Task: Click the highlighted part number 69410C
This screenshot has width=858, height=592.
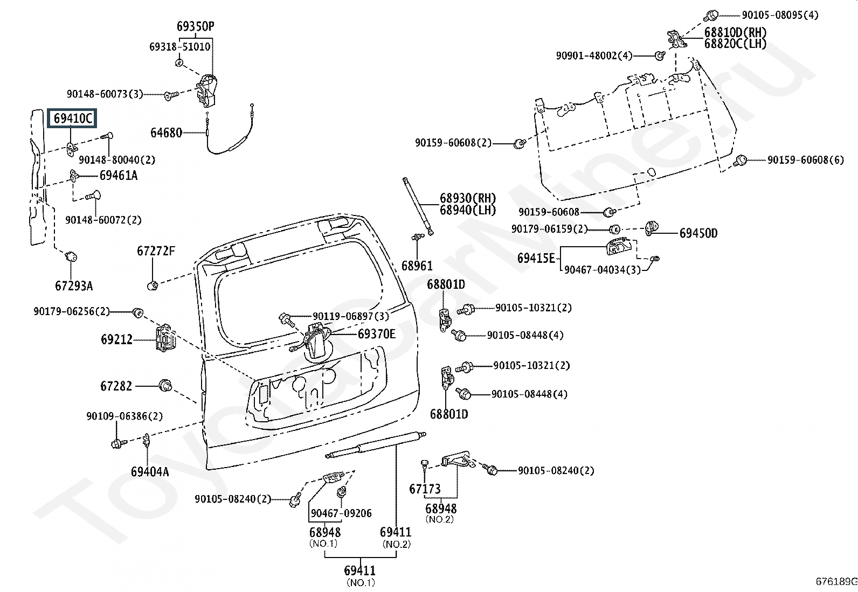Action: (73, 119)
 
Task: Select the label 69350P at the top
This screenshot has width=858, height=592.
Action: (195, 26)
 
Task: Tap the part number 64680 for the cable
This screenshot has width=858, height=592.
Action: (166, 133)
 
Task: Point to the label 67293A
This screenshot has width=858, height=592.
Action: (74, 285)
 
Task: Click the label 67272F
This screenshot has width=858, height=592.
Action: (156, 252)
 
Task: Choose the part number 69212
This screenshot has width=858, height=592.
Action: (116, 339)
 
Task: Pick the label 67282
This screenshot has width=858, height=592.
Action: (116, 386)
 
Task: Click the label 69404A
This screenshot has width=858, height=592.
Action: (150, 472)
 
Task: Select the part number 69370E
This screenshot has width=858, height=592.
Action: (377, 334)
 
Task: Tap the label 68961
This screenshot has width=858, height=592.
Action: (417, 266)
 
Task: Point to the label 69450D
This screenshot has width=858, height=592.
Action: (698, 233)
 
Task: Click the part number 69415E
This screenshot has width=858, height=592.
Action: (536, 259)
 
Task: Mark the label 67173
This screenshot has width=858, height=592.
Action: (425, 489)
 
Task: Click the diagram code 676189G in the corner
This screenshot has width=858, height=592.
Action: (836, 581)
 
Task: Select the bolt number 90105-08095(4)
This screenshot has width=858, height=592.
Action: (780, 15)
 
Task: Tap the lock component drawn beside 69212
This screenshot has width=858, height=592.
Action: (164, 338)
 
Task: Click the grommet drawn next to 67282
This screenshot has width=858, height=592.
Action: (165, 385)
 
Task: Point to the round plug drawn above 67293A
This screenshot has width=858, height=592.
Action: (71, 256)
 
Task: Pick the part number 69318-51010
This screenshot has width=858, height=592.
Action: (179, 47)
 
